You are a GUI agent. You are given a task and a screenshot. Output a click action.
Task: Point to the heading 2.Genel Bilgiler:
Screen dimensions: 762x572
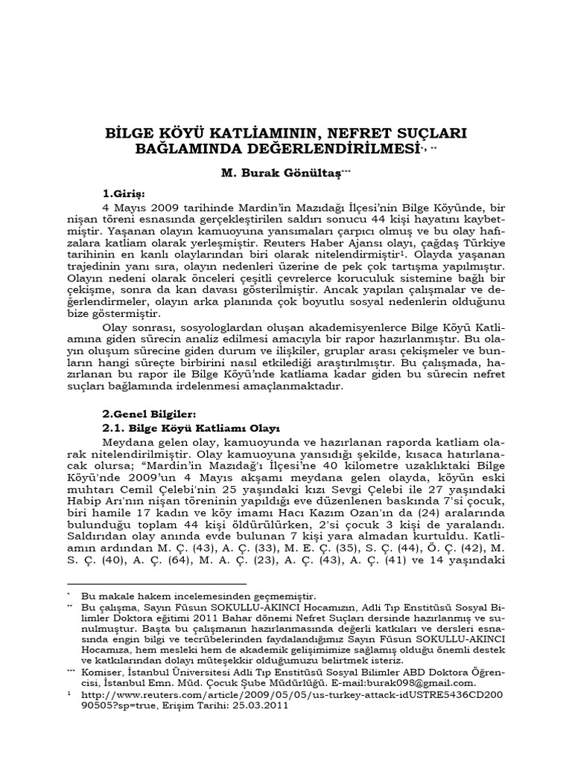(148, 414)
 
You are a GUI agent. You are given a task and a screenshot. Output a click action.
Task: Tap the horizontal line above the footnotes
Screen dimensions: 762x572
(156, 583)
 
